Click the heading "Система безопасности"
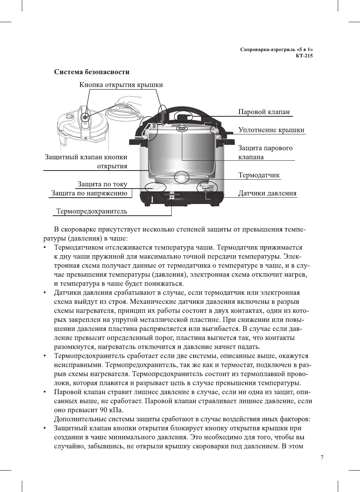click(x=92, y=72)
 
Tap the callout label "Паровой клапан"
click(x=264, y=112)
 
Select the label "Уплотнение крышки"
click(x=271, y=130)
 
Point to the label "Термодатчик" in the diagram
click(x=259, y=175)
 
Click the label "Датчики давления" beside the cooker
click(x=267, y=193)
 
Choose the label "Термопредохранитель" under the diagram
click(x=92, y=211)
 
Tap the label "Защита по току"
click(x=102, y=184)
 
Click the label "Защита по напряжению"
click(x=89, y=193)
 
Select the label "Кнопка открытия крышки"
click(x=121, y=85)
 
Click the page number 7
click(x=322, y=458)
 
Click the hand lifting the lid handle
click(x=128, y=101)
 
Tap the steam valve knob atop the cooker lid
click(x=184, y=115)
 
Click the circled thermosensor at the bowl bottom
click(x=182, y=177)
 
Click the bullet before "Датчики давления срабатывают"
click(x=45, y=293)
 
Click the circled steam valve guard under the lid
click(x=182, y=128)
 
